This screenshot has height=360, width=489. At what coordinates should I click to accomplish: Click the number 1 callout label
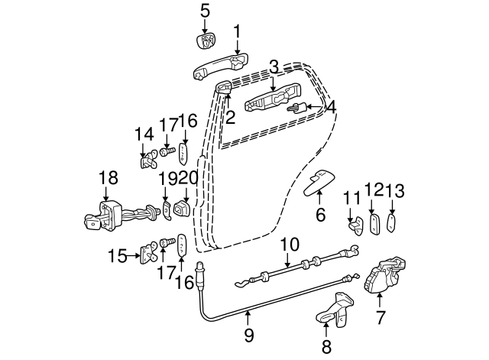(237, 31)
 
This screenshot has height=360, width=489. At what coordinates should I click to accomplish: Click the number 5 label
(204, 10)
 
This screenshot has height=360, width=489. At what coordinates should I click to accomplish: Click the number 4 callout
(330, 108)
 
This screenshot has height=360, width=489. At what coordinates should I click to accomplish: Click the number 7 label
(380, 316)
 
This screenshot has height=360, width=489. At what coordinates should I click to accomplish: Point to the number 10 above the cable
(289, 245)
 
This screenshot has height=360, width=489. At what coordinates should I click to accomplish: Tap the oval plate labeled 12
(374, 225)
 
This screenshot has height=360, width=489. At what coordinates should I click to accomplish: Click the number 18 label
(108, 177)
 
